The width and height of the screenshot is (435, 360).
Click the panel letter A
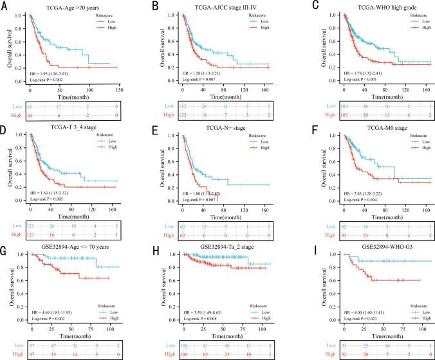click(6, 6)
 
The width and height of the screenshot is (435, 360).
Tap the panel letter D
click(6, 125)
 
